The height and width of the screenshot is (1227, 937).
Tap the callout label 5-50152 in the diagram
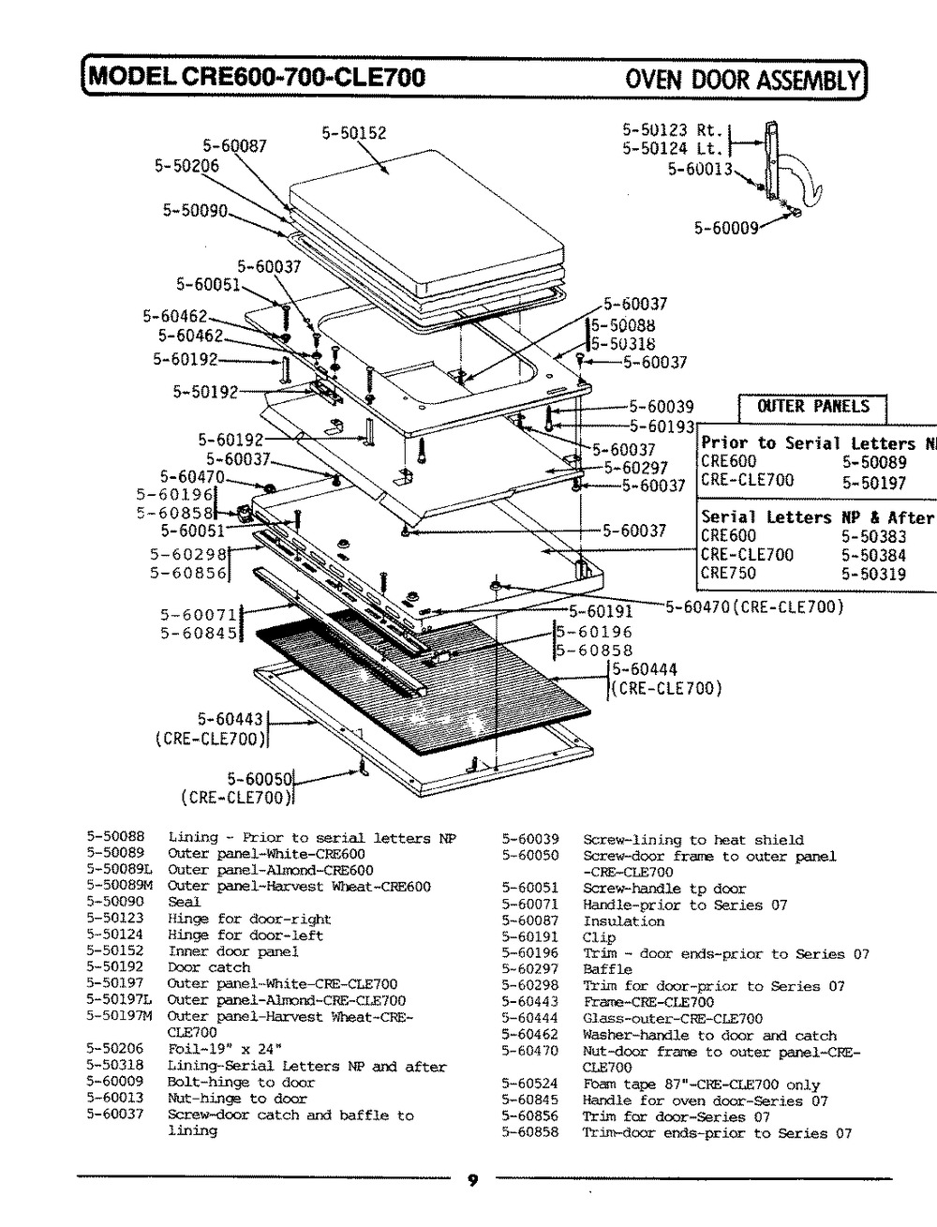tap(353, 133)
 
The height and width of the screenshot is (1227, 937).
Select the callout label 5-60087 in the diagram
tap(235, 145)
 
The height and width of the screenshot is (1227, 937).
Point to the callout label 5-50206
tap(186, 166)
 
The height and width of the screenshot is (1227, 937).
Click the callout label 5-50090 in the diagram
tap(195, 211)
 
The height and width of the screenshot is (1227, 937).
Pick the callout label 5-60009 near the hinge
tap(725, 227)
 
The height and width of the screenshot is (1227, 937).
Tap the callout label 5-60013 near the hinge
tap(699, 169)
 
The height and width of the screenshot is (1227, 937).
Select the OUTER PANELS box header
tap(812, 407)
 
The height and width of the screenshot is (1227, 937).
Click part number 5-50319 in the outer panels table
tap(873, 574)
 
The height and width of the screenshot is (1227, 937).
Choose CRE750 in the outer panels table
tap(728, 573)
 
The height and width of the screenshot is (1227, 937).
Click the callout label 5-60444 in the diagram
tap(644, 669)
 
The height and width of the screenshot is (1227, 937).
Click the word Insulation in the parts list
tap(623, 921)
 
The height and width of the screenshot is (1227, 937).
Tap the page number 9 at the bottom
tap(472, 1181)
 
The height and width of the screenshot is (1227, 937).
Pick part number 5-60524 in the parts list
tap(530, 1084)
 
